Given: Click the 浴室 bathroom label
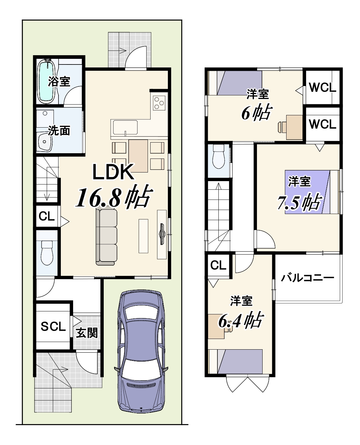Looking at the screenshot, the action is (59, 81).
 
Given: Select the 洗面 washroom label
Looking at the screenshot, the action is (59, 131).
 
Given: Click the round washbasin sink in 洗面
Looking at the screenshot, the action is (45, 142).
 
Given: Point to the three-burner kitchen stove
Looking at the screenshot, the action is (159, 103).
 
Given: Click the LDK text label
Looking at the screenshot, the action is (113, 172).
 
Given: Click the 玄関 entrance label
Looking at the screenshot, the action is (87, 333).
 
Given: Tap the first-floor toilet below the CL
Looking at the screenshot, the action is (47, 253).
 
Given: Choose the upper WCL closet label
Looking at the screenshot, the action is (322, 87).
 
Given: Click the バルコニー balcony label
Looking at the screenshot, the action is (307, 278).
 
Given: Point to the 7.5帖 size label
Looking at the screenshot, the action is (299, 202).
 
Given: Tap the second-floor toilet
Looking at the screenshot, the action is (218, 156).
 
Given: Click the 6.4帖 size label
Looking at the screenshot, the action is (241, 320).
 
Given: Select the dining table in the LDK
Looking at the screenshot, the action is (138, 156).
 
